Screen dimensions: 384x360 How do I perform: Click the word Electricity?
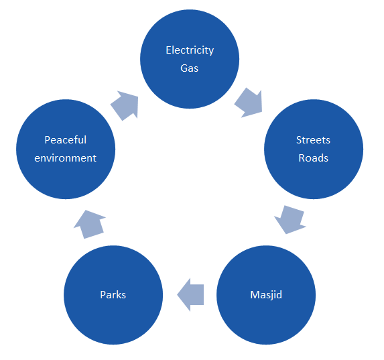pos(190,51)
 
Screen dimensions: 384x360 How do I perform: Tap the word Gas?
pos(189,68)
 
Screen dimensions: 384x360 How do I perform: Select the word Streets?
pos(313,140)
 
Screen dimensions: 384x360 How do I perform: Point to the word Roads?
pos(313,158)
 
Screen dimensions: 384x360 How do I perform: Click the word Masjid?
pos(266,295)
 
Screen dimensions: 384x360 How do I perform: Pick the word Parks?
pos(113,294)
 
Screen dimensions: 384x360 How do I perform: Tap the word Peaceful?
pos(66,140)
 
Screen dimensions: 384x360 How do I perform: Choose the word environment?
pos(66,158)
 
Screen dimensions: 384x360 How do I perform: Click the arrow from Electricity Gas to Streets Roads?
pos(249,103)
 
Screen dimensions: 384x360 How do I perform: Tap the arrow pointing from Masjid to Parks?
pos(190,295)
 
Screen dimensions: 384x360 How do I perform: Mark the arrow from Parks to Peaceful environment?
pos(90,224)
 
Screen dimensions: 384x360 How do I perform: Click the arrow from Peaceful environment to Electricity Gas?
pos(125,106)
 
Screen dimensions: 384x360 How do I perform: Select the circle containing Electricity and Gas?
pos(190,59)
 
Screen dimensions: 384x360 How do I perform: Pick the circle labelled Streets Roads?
pos(314,149)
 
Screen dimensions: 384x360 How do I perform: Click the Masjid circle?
pos(266,295)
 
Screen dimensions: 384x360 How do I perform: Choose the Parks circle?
pos(113,295)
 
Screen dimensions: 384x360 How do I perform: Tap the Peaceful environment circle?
pos(66,149)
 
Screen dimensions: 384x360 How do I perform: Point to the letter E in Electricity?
pos(168,50)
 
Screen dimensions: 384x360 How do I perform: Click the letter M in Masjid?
pos(255,294)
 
